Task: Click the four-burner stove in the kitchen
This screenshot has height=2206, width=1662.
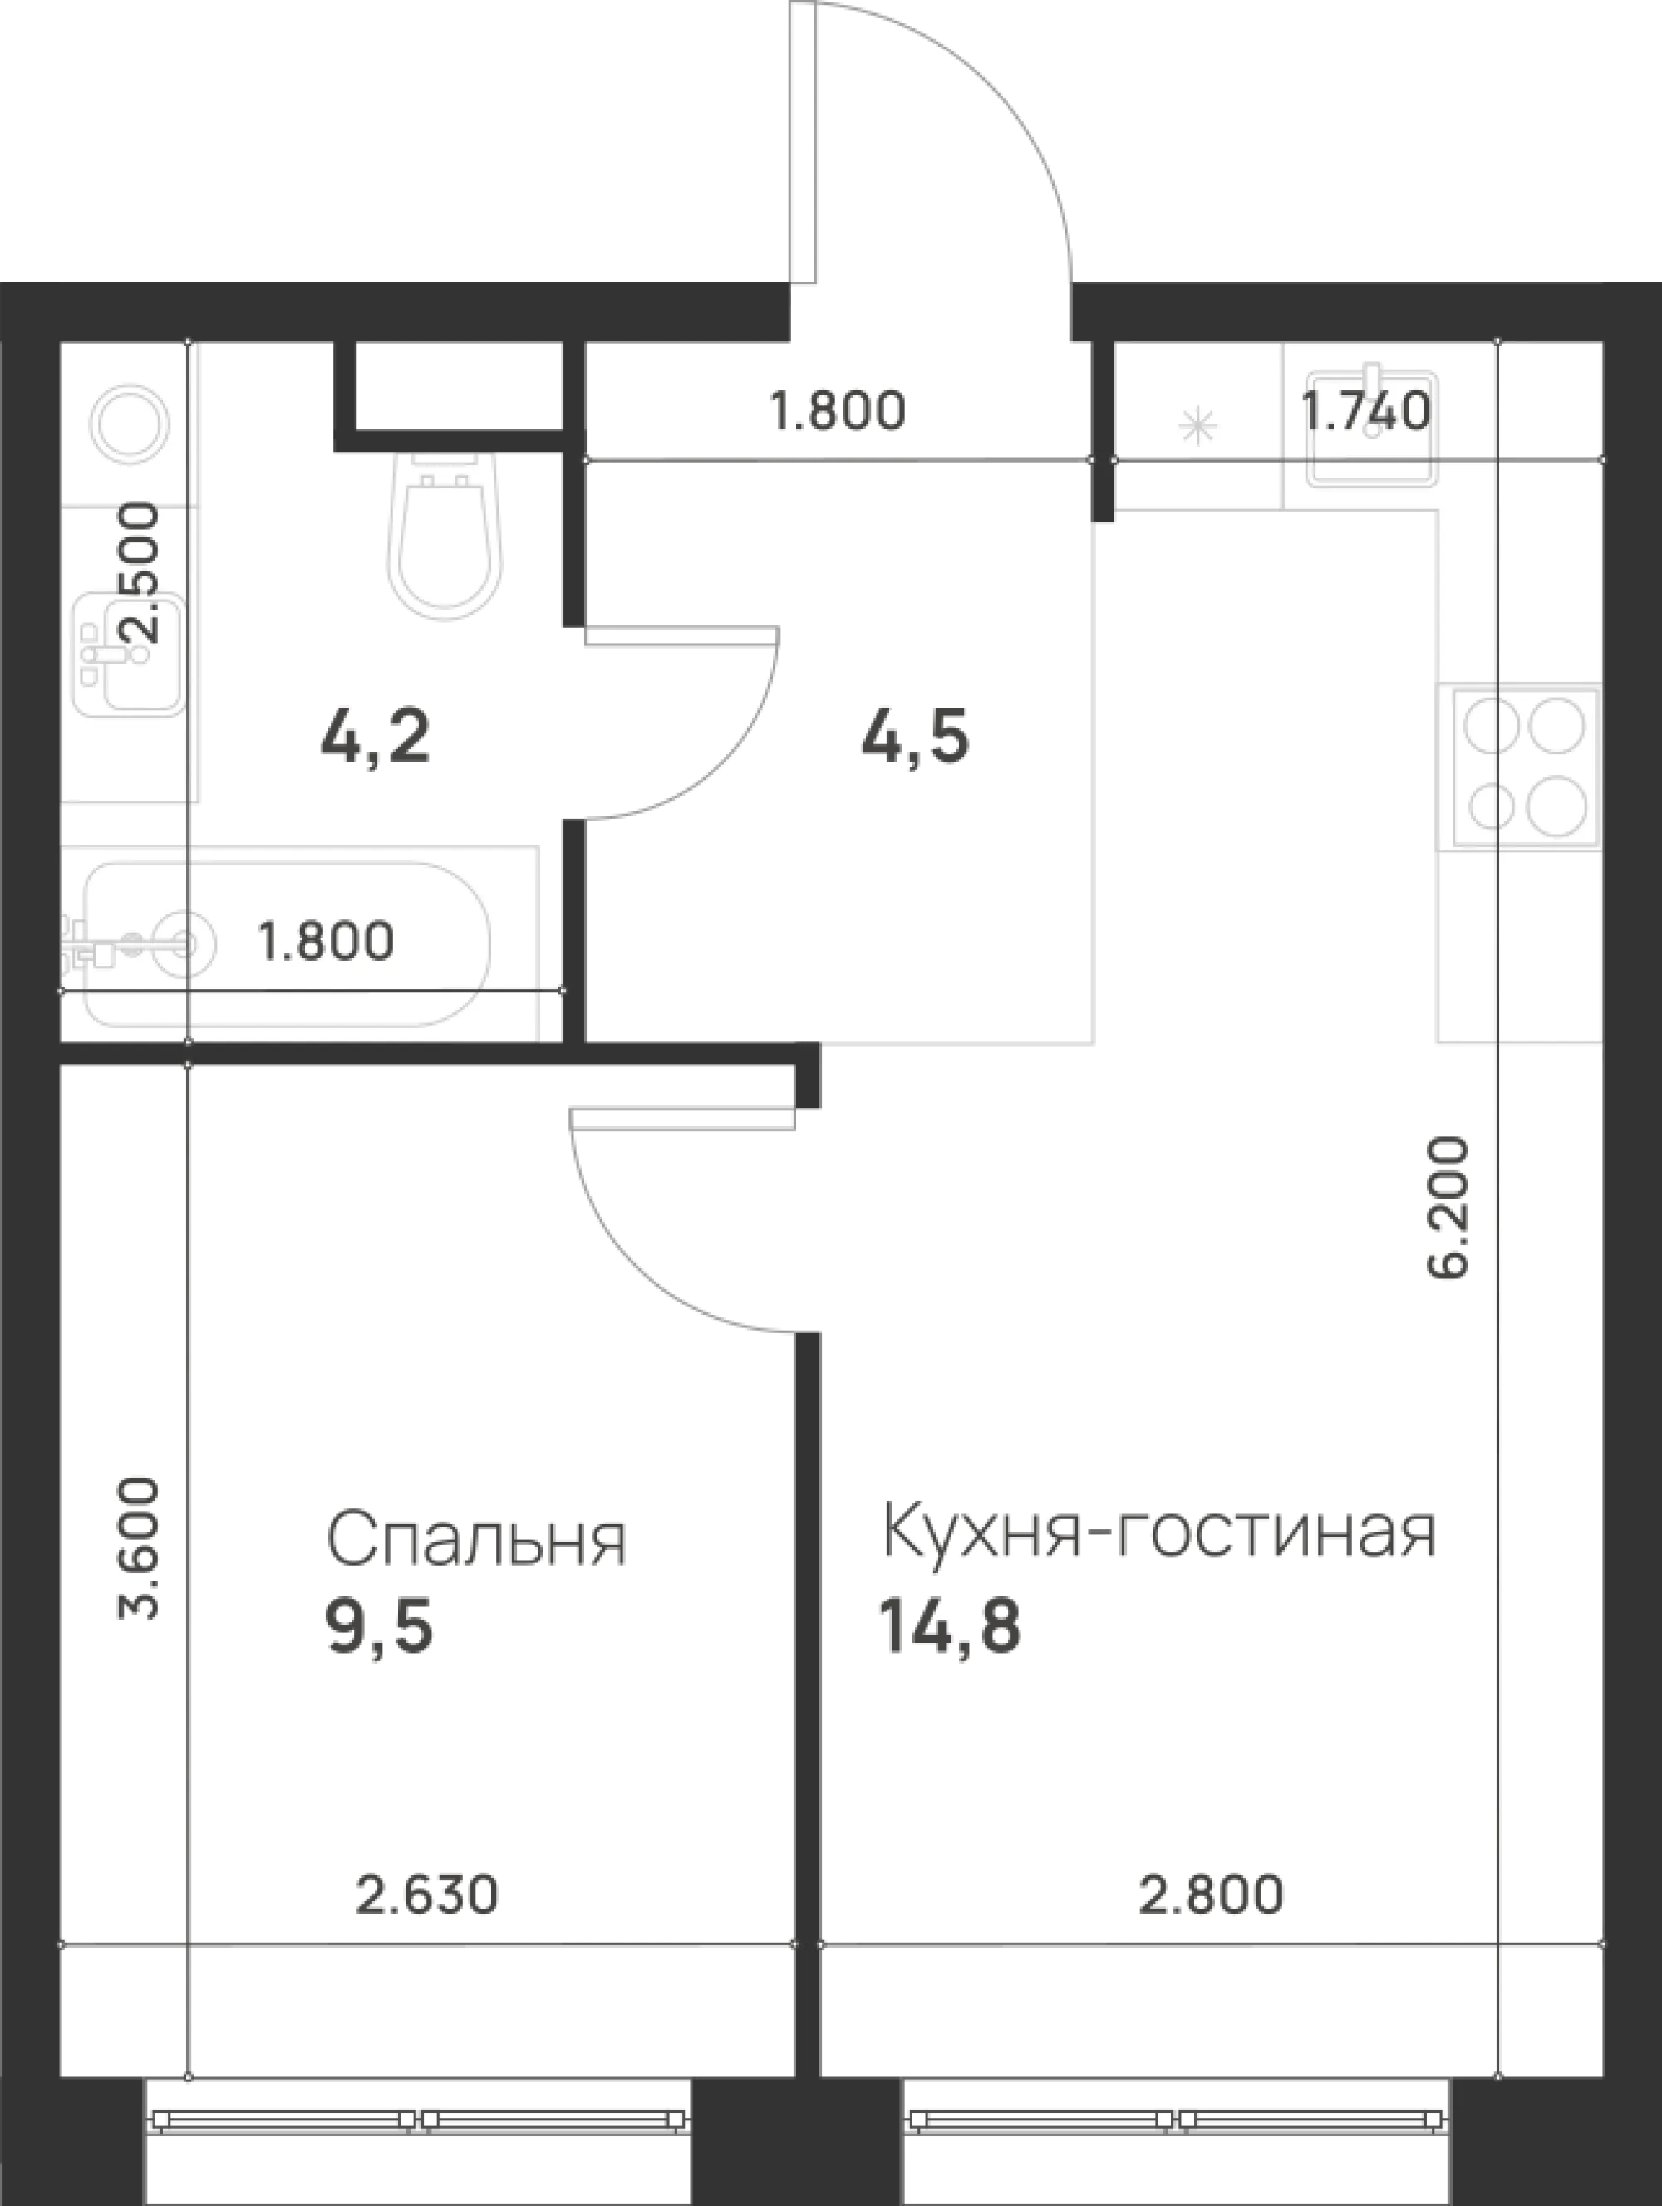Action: tap(1519, 766)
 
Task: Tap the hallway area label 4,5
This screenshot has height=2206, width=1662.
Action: tap(915, 739)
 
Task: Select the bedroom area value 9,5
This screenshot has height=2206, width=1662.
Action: tap(379, 1629)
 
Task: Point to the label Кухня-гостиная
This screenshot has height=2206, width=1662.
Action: tap(1159, 1533)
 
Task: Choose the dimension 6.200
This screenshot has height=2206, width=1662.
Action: tap(1448, 1208)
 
